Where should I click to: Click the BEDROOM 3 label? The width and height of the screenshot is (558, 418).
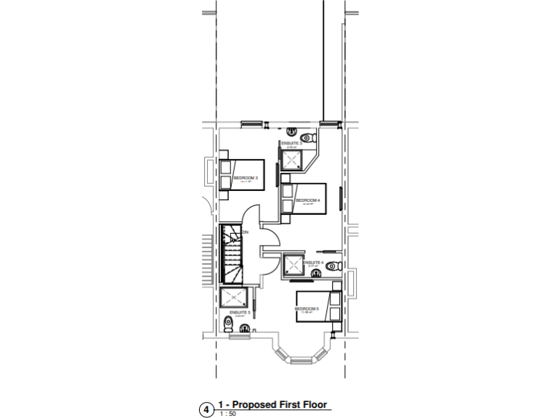tap(246, 177)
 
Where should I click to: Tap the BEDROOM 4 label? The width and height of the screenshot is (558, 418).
tap(307, 200)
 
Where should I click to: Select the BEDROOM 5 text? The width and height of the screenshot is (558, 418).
tap(307, 308)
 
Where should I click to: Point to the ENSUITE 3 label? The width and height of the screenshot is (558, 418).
tap(291, 144)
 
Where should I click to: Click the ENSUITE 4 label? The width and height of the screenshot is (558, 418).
tap(313, 262)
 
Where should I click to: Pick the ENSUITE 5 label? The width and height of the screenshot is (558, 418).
tap(240, 313)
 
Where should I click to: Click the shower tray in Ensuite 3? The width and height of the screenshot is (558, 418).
tap(292, 161)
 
